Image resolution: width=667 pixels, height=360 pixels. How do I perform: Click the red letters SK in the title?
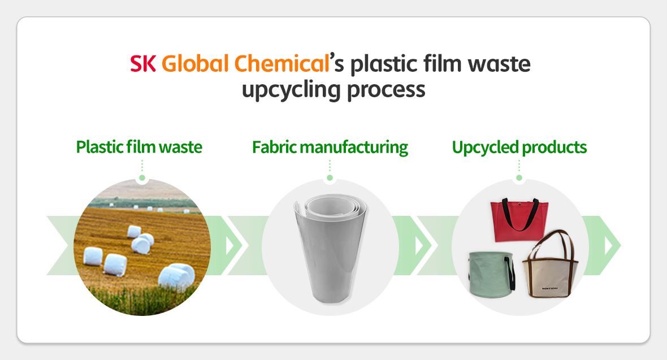[x=143, y=64]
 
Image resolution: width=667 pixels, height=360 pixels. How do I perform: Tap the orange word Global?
[x=195, y=63]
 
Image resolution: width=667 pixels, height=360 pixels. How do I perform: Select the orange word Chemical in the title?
[x=281, y=63]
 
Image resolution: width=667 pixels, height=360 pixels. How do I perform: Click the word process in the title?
[x=386, y=91]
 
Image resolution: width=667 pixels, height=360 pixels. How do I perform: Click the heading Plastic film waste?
[x=139, y=148]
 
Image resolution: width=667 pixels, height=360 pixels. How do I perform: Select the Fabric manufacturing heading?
[x=330, y=148]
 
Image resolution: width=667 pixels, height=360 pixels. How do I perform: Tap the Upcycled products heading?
[x=519, y=148]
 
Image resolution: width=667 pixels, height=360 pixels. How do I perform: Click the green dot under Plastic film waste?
[x=142, y=178]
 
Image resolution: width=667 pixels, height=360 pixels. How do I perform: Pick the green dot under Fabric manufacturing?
[x=330, y=178]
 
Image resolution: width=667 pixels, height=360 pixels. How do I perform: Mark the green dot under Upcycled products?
[x=519, y=178]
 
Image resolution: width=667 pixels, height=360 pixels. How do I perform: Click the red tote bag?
[x=519, y=220]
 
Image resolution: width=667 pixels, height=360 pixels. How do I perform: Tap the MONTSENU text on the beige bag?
[x=549, y=289]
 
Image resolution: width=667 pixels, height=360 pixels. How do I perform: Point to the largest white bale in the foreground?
[x=176, y=276]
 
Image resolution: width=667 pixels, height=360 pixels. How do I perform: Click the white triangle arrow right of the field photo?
[x=230, y=245]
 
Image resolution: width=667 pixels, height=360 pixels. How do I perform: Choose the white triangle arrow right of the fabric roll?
[x=419, y=245]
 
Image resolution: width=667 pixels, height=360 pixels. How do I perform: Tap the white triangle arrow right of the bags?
[x=609, y=245]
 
